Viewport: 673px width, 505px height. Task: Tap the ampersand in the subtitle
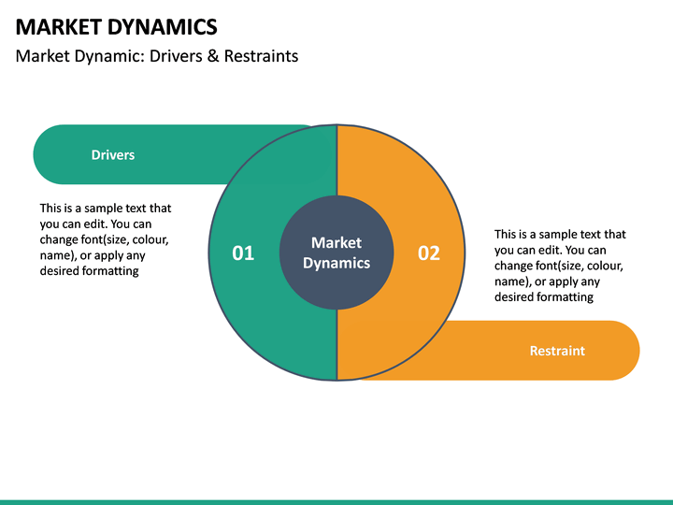pos(208,56)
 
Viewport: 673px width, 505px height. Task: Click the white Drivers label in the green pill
pos(113,155)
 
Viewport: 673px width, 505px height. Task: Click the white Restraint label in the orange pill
pos(557,351)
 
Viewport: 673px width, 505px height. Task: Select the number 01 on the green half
pos(243,252)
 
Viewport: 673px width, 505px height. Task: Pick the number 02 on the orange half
pos(428,252)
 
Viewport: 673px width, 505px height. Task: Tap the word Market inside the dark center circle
pos(336,243)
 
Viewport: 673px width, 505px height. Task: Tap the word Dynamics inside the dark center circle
pos(336,264)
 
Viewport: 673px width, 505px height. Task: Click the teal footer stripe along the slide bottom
pos(336,501)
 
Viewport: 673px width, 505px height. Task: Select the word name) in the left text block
pos(58,255)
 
